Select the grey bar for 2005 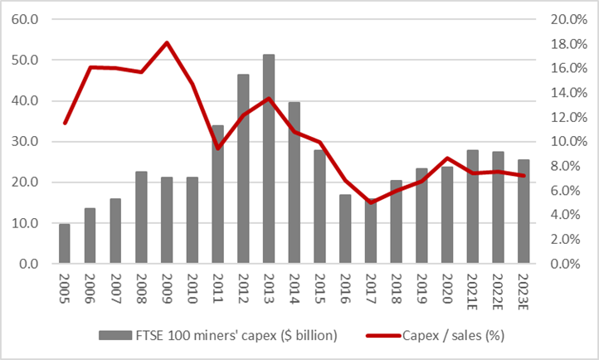pos(65,244)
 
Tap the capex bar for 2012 pos(243,169)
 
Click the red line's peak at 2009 pos(167,42)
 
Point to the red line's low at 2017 pos(371,202)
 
